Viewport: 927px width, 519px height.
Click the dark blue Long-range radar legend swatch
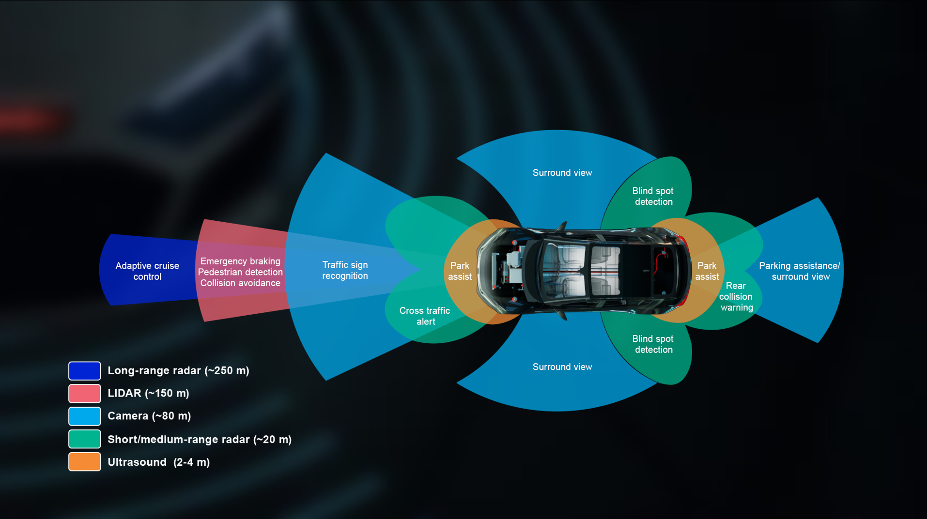click(x=85, y=371)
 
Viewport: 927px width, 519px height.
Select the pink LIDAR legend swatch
click(x=85, y=394)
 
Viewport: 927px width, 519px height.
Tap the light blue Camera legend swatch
click(x=85, y=416)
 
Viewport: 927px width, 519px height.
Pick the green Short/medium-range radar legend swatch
click(x=85, y=439)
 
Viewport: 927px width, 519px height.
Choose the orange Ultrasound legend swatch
click(x=85, y=462)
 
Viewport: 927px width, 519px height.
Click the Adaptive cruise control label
click(x=147, y=271)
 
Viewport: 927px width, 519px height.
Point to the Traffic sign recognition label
click(x=345, y=270)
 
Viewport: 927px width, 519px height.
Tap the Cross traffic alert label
click(x=425, y=316)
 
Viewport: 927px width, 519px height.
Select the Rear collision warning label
click(x=736, y=297)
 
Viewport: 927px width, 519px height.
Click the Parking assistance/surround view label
click(x=800, y=271)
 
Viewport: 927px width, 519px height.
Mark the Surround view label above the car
click(x=562, y=173)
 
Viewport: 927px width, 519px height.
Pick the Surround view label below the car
click(x=562, y=367)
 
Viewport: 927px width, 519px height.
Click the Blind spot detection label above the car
click(x=653, y=197)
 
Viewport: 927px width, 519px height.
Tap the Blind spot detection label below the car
click(x=653, y=344)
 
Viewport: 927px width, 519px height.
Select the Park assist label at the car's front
click(x=460, y=271)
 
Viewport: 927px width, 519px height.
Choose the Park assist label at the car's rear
click(x=707, y=271)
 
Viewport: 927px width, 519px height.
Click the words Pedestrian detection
click(x=240, y=272)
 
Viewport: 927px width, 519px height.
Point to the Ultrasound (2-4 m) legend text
click(x=158, y=462)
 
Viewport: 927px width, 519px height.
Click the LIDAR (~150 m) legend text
click(x=148, y=393)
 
